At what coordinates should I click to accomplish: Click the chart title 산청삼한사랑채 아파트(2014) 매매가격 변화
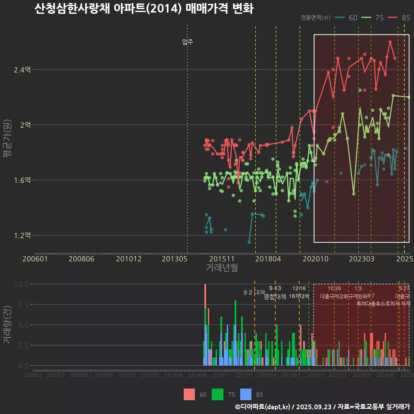144,9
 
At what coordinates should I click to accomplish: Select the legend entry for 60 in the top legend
347,18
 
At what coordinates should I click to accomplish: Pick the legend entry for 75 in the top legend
373,18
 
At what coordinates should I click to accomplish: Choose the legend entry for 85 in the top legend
399,18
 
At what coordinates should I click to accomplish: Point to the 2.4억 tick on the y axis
22,69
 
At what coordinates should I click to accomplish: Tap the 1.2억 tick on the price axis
22,235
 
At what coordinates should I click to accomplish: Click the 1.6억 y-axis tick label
22,180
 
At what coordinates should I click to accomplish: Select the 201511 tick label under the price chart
222,259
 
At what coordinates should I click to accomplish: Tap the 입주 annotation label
188,42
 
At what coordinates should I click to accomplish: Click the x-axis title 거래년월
222,268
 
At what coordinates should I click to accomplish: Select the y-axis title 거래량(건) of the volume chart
7,325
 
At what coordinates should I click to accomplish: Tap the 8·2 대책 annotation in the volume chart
254,292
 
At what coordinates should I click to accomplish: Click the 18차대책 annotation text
299,296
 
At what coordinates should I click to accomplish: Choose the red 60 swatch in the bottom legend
189,394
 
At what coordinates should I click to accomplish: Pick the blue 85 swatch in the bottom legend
246,394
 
